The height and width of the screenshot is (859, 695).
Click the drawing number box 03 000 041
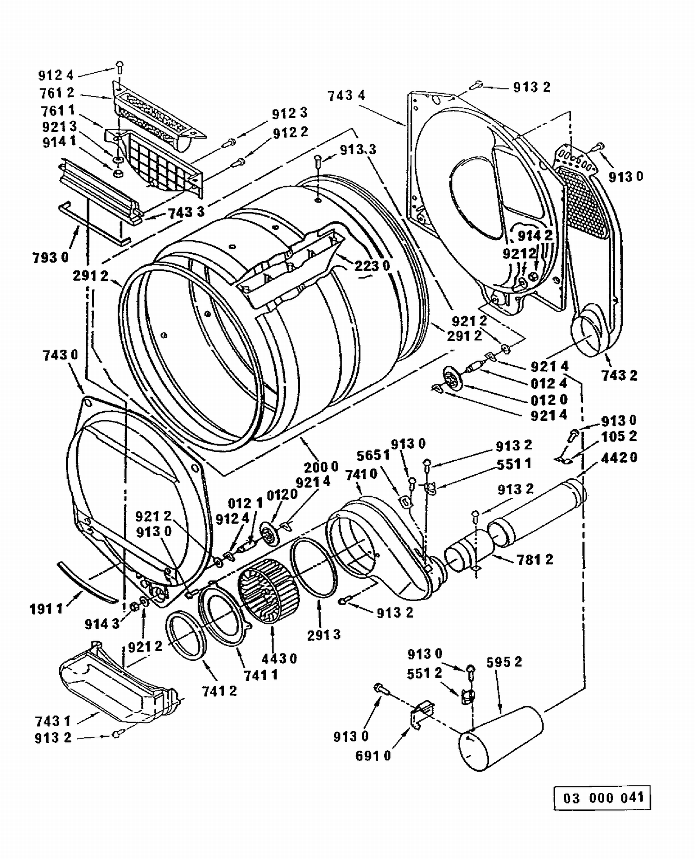coord(602,797)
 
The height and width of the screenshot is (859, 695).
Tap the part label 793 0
coord(51,257)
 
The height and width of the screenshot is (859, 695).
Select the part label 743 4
coord(346,95)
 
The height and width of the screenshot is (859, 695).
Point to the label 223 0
coord(372,266)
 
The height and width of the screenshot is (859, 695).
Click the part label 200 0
coord(321,466)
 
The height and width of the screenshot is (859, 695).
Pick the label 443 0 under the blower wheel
coord(279,658)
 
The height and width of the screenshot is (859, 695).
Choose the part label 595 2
coord(504,662)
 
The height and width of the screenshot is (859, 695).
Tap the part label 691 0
coord(373,756)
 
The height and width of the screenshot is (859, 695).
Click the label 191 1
coord(46,609)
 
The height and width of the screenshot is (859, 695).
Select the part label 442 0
coord(619,458)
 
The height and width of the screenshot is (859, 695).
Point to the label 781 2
coord(536,559)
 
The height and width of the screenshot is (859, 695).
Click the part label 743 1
coord(53,721)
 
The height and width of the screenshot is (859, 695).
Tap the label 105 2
coord(619,436)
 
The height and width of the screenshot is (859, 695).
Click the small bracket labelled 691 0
coord(422,714)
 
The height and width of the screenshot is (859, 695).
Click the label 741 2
coord(219,691)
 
